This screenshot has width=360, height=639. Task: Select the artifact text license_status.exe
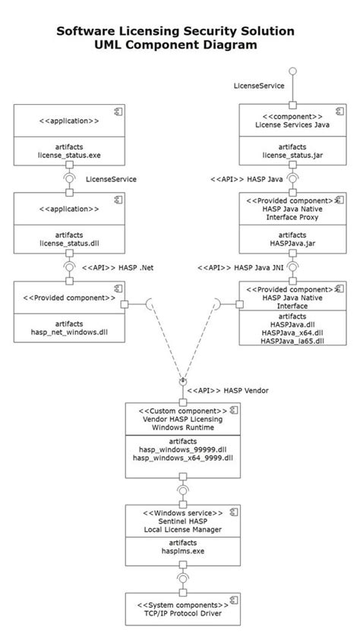pos(69,156)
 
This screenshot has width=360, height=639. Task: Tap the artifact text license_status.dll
pos(69,244)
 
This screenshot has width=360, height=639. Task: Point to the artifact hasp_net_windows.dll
pos(69,332)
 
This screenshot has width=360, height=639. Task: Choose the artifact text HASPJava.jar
pos(293,244)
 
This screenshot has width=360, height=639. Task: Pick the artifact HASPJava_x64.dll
pos(293,332)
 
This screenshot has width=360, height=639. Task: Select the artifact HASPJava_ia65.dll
pos(293,342)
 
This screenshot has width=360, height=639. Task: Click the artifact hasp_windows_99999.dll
pos(182,449)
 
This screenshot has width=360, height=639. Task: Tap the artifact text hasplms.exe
pos(182,552)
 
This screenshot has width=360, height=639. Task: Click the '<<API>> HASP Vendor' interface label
pos(228,390)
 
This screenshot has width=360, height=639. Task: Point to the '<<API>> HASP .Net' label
pos(118,267)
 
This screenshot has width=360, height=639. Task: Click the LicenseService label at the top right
pos(259,86)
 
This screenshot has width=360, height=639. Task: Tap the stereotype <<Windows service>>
pos(182,513)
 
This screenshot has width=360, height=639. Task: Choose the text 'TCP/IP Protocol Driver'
pos(182,613)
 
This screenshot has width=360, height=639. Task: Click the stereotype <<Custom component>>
pos(179,410)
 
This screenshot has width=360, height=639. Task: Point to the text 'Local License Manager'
pos(182,531)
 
